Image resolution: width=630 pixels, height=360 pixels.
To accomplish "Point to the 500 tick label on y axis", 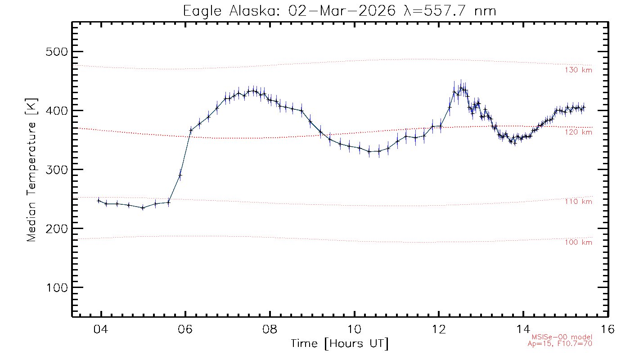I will [x=56, y=52].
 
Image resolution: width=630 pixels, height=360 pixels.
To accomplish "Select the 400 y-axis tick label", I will [x=56, y=111].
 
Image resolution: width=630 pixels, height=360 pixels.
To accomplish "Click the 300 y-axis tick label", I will [x=56, y=170].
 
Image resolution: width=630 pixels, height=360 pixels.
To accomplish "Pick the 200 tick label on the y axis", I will [x=56, y=229].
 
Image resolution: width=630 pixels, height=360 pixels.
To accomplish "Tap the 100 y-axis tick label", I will [x=56, y=288].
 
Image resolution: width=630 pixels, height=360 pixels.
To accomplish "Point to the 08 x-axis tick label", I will [x=270, y=329].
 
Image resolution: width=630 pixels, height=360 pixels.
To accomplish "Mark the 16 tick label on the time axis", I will [x=607, y=329].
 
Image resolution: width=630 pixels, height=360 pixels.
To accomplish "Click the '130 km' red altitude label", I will [x=579, y=70].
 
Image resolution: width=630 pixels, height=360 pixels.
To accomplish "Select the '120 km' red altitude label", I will [x=579, y=132].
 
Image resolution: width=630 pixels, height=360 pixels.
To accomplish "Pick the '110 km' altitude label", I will [x=579, y=202].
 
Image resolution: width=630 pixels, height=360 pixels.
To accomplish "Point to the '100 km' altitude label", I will [x=579, y=243].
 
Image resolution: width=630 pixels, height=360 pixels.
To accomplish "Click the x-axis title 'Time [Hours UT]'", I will [x=340, y=344].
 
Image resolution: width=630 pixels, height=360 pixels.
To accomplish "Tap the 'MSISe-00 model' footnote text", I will [x=562, y=337].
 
